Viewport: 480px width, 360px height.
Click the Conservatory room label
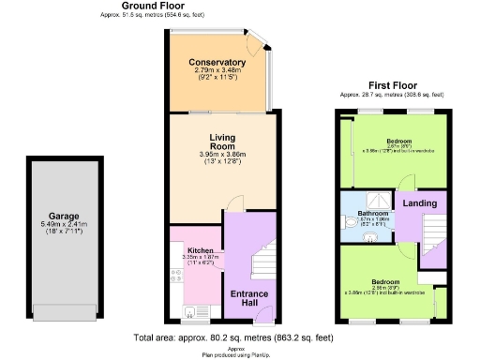click(x=217, y=63)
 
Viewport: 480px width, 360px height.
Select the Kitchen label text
click(x=201, y=251)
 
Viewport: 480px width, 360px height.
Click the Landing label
click(x=419, y=203)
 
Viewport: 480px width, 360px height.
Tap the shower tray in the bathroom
click(x=376, y=200)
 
